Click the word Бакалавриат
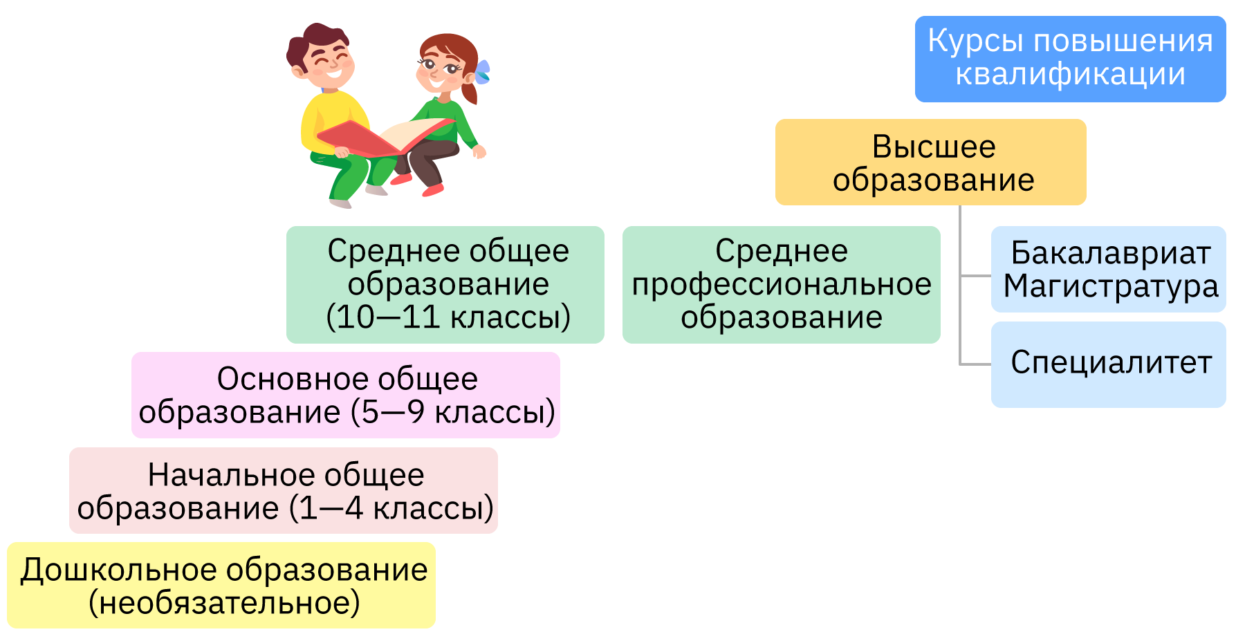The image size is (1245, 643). coord(1110,253)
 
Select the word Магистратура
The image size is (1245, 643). coord(1110,286)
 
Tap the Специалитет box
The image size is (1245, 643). coord(1108,364)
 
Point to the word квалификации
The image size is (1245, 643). coord(1070,74)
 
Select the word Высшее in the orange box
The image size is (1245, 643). coord(933,147)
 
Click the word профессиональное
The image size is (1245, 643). coord(782,285)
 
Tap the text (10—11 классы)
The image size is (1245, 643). coord(448,317)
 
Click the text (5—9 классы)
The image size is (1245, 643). coord(453,412)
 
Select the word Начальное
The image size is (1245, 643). coord(233,475)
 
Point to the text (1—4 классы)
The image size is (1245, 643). coord(391,508)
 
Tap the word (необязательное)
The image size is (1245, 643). coord(224,603)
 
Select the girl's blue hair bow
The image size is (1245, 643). coord(482,72)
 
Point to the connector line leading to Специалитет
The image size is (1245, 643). coord(975,364)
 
